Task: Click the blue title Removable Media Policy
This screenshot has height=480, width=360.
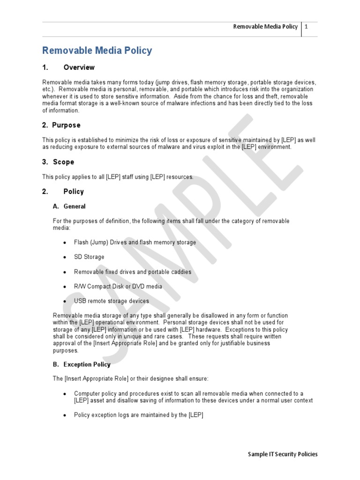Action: point(97,51)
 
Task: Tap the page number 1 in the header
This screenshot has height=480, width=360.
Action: point(306,27)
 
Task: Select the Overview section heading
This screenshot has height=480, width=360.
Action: point(79,67)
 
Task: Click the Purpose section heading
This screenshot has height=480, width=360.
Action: point(66,125)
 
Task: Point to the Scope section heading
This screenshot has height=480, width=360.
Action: point(63,162)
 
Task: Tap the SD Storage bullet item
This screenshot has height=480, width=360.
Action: point(89,257)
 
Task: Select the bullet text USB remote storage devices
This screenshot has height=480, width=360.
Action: point(112,301)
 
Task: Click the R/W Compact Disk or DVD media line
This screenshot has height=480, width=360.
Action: point(118,286)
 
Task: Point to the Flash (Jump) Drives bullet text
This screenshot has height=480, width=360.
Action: point(135,242)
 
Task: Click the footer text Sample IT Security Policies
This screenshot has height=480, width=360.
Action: point(283,454)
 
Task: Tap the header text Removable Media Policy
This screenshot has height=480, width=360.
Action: point(265,27)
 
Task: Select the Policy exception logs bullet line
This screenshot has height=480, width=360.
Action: point(138,415)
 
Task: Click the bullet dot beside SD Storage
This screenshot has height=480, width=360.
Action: point(64,257)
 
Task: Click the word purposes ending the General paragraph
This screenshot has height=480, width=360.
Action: point(66,350)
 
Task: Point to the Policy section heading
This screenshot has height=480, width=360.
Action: point(74,192)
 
